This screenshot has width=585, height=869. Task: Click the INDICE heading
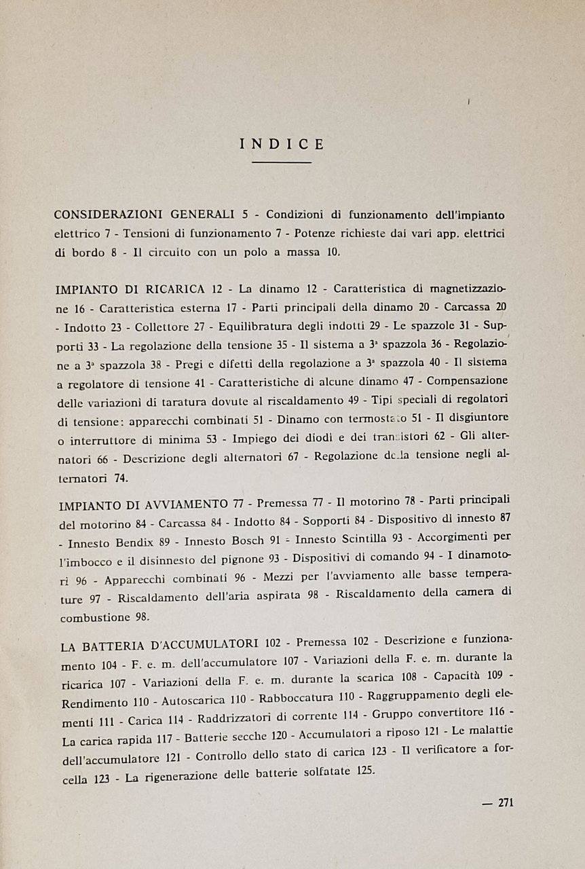coord(282,144)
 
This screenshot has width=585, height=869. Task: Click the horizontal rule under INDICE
coord(282,162)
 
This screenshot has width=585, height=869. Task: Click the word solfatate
coord(327,773)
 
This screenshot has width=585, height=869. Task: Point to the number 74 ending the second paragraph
coord(120,477)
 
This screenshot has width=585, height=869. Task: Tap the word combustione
coord(94,618)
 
